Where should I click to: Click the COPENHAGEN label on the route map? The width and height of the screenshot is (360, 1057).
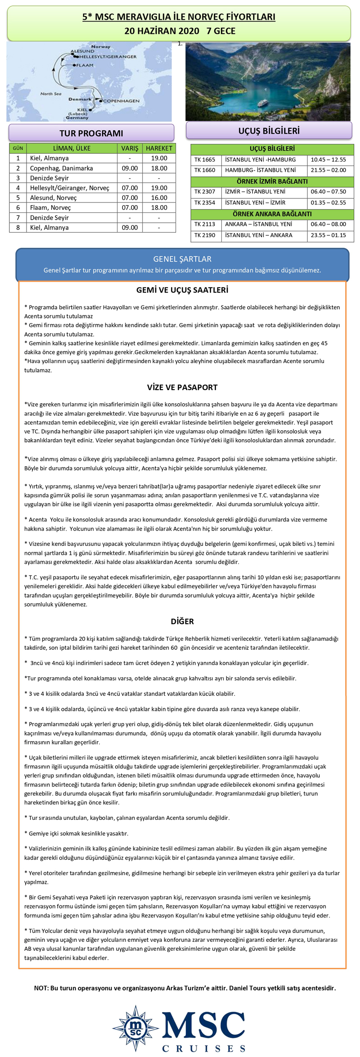[x=121, y=101]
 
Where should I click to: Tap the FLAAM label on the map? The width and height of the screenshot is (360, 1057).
[x=85, y=65]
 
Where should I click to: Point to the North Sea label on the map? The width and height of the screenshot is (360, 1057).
[x=50, y=94]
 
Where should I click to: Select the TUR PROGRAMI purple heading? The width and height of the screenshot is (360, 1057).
[x=91, y=133]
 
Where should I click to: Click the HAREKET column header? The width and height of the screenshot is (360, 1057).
[x=159, y=148]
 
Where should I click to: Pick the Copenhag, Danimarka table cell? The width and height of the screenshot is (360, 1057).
[x=61, y=168]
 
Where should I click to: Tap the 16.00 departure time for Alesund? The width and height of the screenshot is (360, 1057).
[x=159, y=198]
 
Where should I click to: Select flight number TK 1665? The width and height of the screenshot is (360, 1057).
[x=205, y=160]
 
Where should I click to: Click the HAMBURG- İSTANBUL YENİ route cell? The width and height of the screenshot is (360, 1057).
[x=260, y=170]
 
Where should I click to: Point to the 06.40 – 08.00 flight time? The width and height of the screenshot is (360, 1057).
[x=328, y=224]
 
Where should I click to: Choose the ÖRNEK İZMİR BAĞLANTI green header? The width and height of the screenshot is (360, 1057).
[x=272, y=181]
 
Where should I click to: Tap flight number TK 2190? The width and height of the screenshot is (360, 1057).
[x=205, y=235]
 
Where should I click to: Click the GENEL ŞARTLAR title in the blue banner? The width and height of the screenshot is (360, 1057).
[x=182, y=259]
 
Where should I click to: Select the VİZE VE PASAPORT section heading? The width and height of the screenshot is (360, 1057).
[x=182, y=387]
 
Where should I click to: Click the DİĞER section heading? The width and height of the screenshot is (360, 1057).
[x=182, y=621]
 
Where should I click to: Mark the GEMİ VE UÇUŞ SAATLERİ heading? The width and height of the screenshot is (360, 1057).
[x=182, y=290]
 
